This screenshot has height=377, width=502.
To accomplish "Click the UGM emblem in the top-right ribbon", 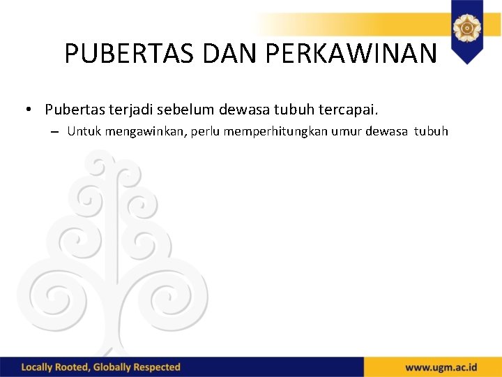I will point(466,29).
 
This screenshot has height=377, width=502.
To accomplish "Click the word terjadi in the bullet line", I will point(130,110).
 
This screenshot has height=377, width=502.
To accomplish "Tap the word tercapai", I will point(348,110).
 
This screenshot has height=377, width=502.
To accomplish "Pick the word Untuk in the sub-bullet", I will point(84,131).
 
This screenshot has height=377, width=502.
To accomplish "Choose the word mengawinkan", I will point(142,131).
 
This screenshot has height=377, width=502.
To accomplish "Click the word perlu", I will point(200,131).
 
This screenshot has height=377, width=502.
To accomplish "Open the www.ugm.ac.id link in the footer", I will point(441,367).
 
